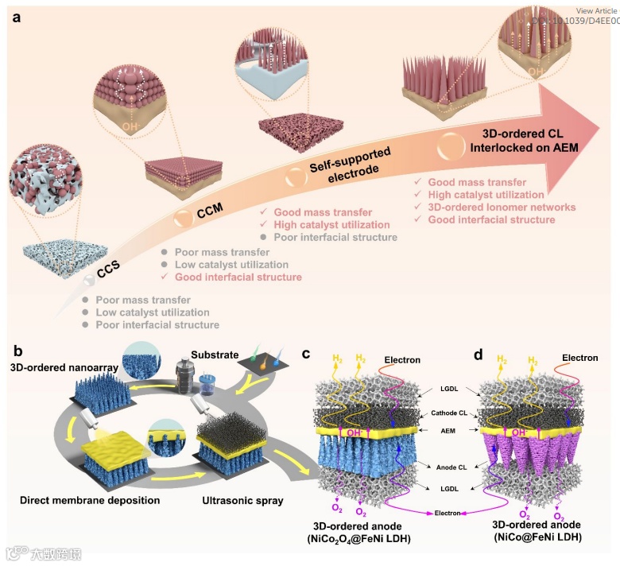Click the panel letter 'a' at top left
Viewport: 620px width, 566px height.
15,17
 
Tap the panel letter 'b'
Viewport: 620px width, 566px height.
15,350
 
